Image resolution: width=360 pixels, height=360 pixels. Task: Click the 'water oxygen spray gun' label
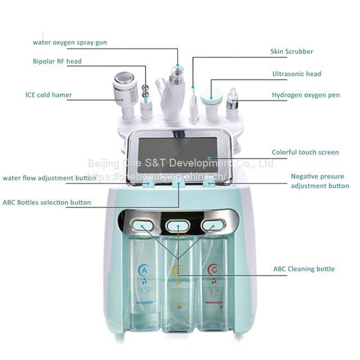click(70, 42)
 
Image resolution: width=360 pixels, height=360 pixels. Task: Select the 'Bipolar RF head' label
click(57, 61)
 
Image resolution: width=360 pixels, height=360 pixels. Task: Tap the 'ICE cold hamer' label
click(48, 95)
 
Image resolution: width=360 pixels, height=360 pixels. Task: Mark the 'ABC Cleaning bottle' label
click(304, 269)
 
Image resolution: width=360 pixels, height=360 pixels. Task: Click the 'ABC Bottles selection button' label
click(47, 202)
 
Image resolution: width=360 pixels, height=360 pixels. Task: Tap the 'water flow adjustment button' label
click(49, 178)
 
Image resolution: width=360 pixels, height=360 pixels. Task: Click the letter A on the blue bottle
click(143, 271)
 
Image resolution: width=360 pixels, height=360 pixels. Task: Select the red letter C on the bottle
click(212, 271)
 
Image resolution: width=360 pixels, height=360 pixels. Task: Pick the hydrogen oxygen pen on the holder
click(231, 101)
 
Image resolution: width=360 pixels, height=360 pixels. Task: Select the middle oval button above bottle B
click(178, 226)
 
